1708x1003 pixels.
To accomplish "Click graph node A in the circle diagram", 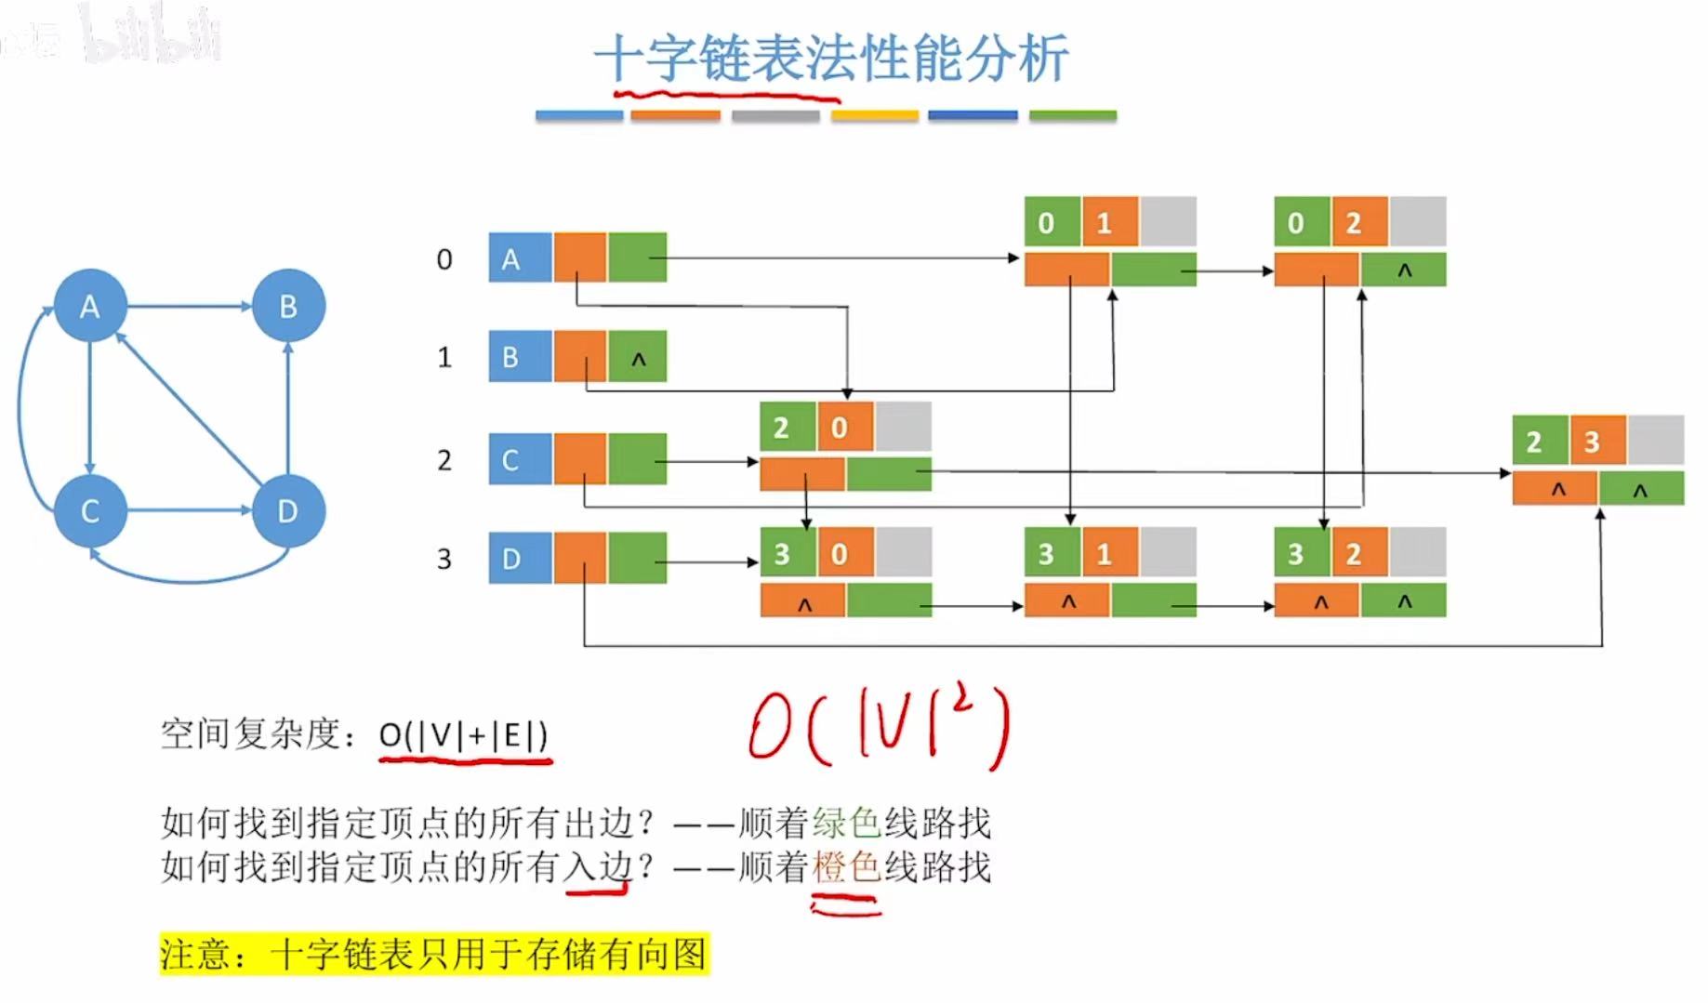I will coord(90,306).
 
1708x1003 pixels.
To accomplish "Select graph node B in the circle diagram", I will coord(288,306).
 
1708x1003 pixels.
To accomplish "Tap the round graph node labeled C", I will coord(90,510).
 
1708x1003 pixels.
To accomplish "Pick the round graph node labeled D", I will coord(288,510).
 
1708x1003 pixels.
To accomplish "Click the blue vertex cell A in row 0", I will coord(520,257).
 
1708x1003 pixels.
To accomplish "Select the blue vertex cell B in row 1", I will coord(520,357).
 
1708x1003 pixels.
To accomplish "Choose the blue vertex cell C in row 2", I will coord(520,459).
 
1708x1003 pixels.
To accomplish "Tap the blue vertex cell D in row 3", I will coord(520,558).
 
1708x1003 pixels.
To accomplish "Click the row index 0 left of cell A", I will coord(444,259).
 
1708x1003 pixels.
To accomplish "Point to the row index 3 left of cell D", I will coord(444,559).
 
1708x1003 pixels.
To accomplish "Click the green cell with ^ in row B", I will coord(638,358).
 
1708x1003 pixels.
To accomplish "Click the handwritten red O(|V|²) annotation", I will coord(879,730).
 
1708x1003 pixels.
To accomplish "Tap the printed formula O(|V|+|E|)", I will coord(463,735).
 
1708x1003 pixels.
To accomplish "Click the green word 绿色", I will coord(846,823).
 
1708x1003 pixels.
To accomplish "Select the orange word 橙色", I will coord(846,867).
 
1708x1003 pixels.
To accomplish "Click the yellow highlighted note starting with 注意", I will coord(434,954).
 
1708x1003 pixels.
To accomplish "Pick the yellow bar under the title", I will coord(875,115).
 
